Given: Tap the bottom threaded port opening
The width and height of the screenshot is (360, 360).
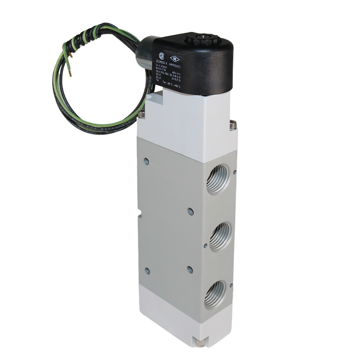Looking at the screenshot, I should point(215,295).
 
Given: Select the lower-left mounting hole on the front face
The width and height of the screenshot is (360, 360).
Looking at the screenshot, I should point(147,270).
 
